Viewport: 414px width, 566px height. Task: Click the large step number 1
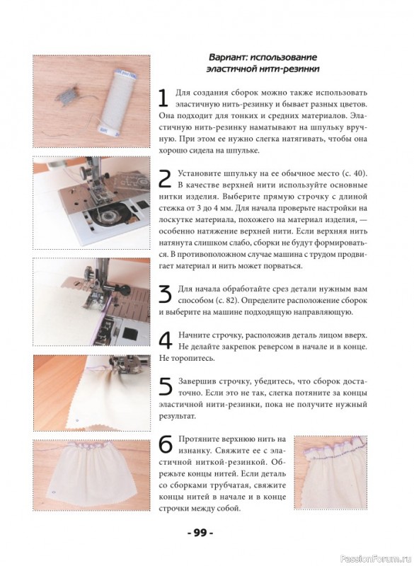tap(163, 98)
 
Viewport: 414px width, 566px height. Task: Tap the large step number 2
tap(166, 178)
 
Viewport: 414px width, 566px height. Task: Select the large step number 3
tap(166, 294)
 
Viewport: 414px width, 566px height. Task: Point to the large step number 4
tap(166, 340)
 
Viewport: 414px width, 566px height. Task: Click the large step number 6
tap(166, 444)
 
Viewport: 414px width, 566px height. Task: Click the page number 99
tap(200, 533)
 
